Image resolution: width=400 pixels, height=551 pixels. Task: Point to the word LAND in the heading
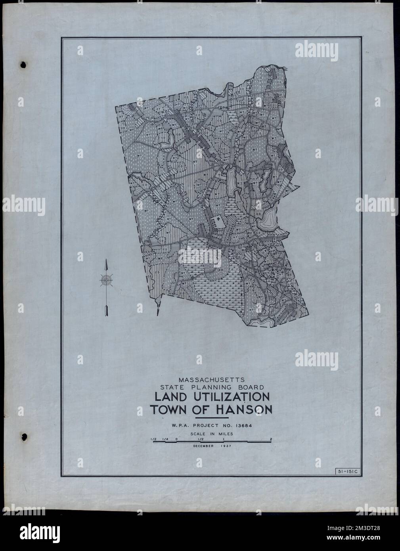[167, 397]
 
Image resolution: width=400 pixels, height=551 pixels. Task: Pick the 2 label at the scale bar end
[271, 439]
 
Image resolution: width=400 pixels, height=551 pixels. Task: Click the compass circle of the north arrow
[106, 280]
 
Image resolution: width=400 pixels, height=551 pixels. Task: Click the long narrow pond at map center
[230, 179]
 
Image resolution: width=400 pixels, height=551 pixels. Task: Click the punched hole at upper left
[23, 64]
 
